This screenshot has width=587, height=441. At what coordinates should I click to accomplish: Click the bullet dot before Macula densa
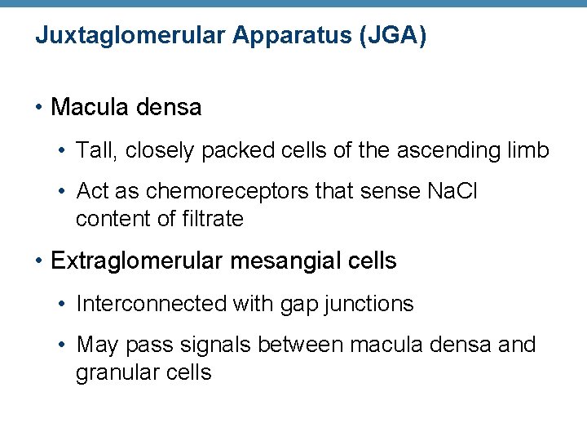pos(38,107)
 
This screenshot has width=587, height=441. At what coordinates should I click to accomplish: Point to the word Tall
pos(92,150)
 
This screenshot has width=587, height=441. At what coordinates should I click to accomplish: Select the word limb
pos(529,150)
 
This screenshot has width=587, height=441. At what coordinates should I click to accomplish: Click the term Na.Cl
pos(453,191)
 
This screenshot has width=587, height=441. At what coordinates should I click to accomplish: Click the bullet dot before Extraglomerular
pos(38,261)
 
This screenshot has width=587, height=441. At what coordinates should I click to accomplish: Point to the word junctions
pos(369,305)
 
